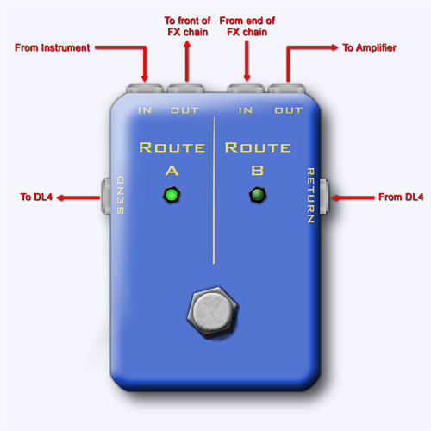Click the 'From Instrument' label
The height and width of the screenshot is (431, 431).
click(53, 47)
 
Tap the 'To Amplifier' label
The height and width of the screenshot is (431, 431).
click(369, 47)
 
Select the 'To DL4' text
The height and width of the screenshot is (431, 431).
click(36, 197)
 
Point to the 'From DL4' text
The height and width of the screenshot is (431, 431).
click(401, 197)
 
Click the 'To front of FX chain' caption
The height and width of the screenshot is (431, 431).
click(187, 27)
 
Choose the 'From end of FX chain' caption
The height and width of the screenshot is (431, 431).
click(247, 27)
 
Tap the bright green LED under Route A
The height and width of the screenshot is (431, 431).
click(172, 195)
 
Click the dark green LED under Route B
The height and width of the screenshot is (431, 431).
click(258, 195)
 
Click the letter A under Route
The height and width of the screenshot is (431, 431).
click(172, 171)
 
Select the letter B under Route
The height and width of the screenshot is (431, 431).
click(258, 171)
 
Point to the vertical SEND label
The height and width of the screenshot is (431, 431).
click(121, 195)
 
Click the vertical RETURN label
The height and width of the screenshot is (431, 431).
click(310, 195)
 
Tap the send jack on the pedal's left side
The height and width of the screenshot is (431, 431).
click(106, 196)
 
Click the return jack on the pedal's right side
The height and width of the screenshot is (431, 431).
click(324, 197)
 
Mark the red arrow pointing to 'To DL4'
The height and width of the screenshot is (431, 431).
click(78, 197)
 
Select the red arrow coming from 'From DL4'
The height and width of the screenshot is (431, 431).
click(353, 197)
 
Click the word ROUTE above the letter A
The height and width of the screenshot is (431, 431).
click(172, 147)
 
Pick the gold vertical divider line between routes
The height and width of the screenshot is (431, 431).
click(214, 190)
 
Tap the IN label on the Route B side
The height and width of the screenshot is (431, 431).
click(246, 110)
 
